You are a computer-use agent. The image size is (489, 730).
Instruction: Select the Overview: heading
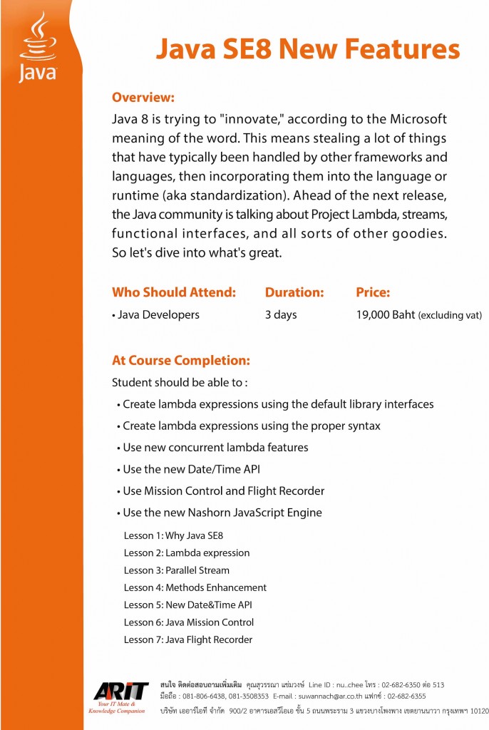(143, 97)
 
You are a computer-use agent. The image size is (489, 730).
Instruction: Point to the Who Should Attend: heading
(173, 292)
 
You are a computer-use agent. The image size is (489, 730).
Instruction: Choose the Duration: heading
(294, 292)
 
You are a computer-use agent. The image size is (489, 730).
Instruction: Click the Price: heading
(373, 292)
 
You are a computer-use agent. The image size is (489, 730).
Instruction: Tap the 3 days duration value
(281, 314)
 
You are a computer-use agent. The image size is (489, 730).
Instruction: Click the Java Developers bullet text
(158, 314)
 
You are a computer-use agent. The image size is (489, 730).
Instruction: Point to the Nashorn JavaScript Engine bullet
(222, 513)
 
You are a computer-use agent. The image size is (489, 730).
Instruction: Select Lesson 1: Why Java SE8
(174, 535)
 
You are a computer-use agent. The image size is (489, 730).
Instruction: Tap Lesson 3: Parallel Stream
(177, 570)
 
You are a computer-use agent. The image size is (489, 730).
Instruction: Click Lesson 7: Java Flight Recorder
(188, 639)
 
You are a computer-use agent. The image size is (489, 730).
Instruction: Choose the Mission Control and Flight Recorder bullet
(224, 490)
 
